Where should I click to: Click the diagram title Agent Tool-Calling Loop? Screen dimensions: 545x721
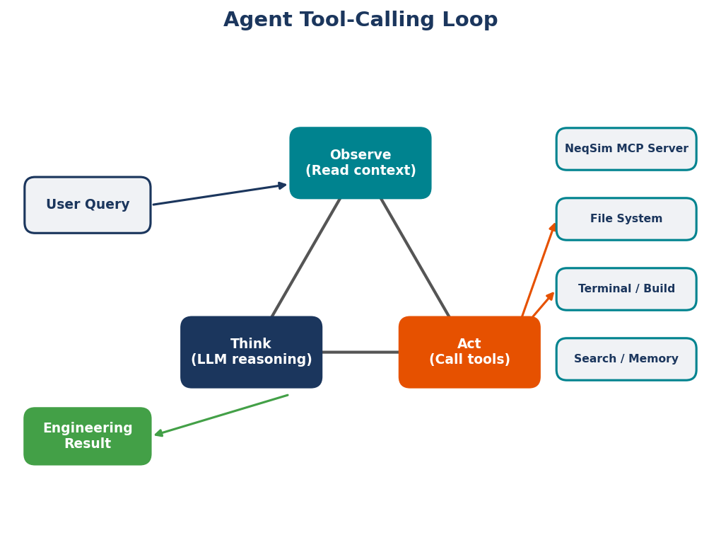(360, 21)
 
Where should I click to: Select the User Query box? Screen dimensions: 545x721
(88, 205)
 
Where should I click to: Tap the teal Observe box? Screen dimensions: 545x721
(360, 163)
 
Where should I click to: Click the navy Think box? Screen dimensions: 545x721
(251, 352)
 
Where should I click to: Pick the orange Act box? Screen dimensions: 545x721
(469, 352)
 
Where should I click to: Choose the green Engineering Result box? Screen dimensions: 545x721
(88, 436)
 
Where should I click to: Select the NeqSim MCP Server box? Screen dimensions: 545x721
(626, 149)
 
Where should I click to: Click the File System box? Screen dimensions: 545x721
(626, 219)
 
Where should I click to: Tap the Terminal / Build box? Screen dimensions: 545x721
(626, 289)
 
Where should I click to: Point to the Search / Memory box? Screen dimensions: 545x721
(626, 360)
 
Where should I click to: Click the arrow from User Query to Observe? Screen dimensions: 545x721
(219, 195)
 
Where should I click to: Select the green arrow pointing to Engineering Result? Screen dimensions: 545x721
(221, 415)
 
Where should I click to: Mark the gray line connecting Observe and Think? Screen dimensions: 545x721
(305, 258)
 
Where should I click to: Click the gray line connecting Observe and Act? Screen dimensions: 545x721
(416, 258)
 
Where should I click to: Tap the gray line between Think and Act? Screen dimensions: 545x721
(360, 352)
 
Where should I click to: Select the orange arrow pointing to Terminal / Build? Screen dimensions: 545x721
(543, 305)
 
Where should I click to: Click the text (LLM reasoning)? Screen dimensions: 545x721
(251, 360)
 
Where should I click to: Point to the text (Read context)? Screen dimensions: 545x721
(360, 171)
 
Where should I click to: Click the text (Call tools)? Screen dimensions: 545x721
(469, 360)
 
